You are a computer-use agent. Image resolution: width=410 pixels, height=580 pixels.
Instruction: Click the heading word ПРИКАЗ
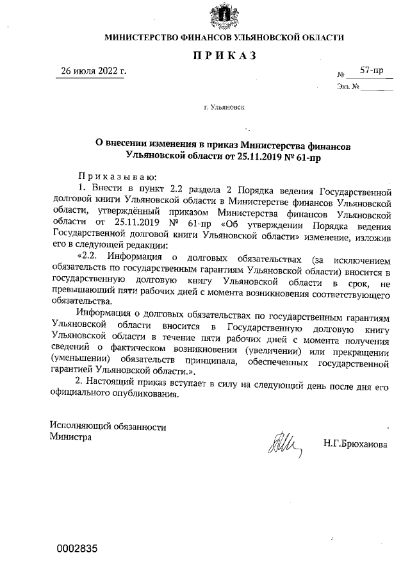(224, 56)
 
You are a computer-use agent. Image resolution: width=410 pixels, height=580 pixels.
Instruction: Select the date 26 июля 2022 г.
(94, 70)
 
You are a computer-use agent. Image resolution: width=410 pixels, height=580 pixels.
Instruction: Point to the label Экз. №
(347, 87)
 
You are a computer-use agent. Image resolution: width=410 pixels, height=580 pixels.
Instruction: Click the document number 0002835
(77, 549)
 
